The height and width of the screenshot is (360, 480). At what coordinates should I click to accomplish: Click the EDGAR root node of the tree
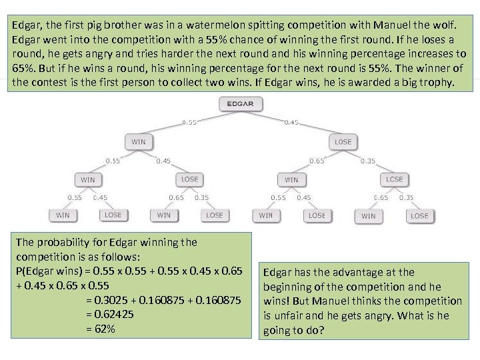(x=240, y=104)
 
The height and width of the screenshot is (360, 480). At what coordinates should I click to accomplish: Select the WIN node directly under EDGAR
(x=138, y=141)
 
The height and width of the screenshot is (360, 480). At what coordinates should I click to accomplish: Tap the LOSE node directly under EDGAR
(x=343, y=141)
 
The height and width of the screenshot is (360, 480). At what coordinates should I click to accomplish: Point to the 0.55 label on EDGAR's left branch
(x=190, y=123)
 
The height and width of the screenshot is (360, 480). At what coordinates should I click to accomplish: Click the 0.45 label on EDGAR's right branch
(x=292, y=123)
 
